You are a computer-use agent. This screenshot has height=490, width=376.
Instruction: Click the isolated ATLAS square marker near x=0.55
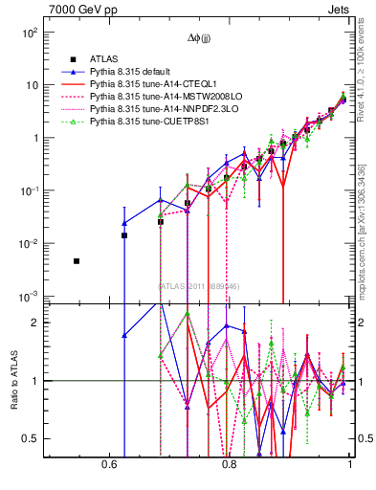click(77, 260)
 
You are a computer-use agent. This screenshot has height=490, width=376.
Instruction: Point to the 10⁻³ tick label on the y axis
click(30, 296)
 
